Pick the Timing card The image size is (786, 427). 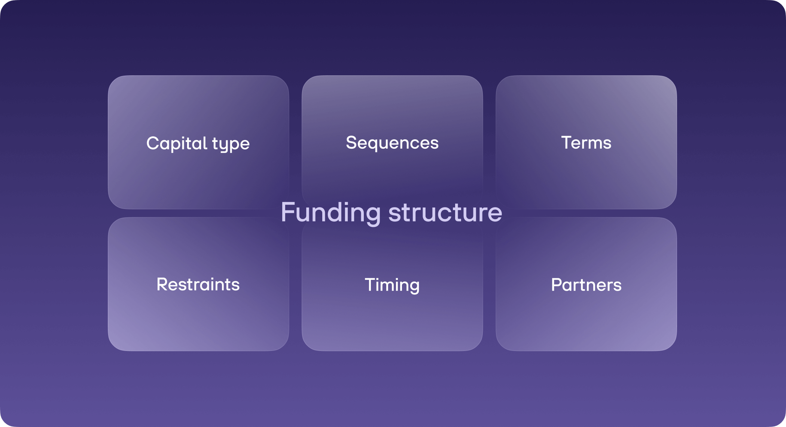(392, 318)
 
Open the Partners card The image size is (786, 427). (586, 318)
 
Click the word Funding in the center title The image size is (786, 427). (330, 212)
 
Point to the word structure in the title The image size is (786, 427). (445, 212)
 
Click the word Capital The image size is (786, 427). (177, 143)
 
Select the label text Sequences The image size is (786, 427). (392, 143)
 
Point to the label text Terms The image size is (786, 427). (586, 143)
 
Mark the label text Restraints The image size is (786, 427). (198, 284)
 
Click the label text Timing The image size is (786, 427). (392, 285)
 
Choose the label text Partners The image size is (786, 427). (586, 285)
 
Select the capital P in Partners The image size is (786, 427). (557, 285)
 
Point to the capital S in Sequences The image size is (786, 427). (352, 143)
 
